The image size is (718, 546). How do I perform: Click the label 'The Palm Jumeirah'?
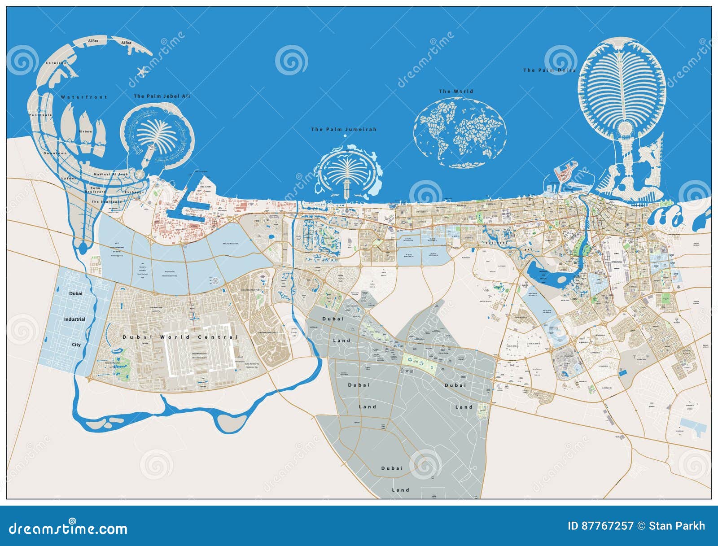(344, 129)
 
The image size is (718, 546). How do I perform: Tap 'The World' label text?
(456, 91)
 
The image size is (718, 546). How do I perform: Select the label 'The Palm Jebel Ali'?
(162, 96)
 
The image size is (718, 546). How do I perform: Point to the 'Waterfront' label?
(84, 97)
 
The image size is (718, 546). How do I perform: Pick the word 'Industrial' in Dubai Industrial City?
(74, 319)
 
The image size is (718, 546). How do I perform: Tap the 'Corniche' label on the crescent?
(57, 63)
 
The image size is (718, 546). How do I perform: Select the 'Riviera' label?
(85, 131)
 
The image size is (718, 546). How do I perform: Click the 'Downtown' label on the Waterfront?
(55, 153)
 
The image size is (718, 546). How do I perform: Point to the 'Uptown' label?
(69, 178)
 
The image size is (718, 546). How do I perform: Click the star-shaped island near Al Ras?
(142, 70)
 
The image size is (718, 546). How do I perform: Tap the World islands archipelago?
(460, 132)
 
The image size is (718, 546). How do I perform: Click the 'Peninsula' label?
(41, 115)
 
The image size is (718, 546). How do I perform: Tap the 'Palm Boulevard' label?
(95, 190)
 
